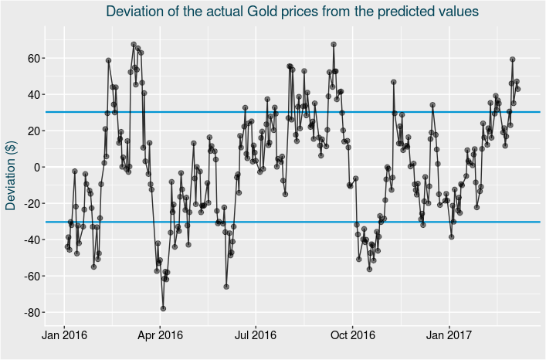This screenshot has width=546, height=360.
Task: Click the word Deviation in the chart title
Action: [138, 12]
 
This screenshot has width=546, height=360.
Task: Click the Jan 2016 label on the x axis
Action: [64, 336]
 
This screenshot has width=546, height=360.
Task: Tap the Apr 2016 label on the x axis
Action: [160, 336]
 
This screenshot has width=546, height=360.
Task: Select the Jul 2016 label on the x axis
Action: [256, 336]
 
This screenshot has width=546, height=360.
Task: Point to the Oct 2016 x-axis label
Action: [352, 336]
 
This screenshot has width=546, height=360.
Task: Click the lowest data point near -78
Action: [163, 308]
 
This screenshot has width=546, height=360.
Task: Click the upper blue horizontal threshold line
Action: [309, 112]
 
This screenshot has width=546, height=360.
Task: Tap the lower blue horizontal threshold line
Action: [309, 222]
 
